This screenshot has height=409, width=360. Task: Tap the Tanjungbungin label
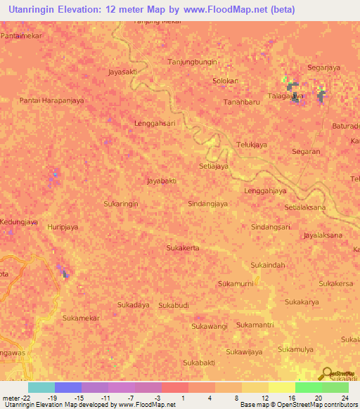click(x=193, y=62)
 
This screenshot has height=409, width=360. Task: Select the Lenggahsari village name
click(x=154, y=123)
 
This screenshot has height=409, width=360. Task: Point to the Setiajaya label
click(x=214, y=167)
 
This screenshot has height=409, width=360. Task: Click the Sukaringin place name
click(x=120, y=203)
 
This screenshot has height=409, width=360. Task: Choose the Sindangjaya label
click(x=208, y=204)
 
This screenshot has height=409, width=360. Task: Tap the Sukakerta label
click(x=182, y=248)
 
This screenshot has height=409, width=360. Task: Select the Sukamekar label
click(x=81, y=318)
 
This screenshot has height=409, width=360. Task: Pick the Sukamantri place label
click(x=255, y=325)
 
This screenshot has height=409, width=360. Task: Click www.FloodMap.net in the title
click(x=234, y=10)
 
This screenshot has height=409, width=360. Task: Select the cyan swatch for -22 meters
click(x=41, y=387)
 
